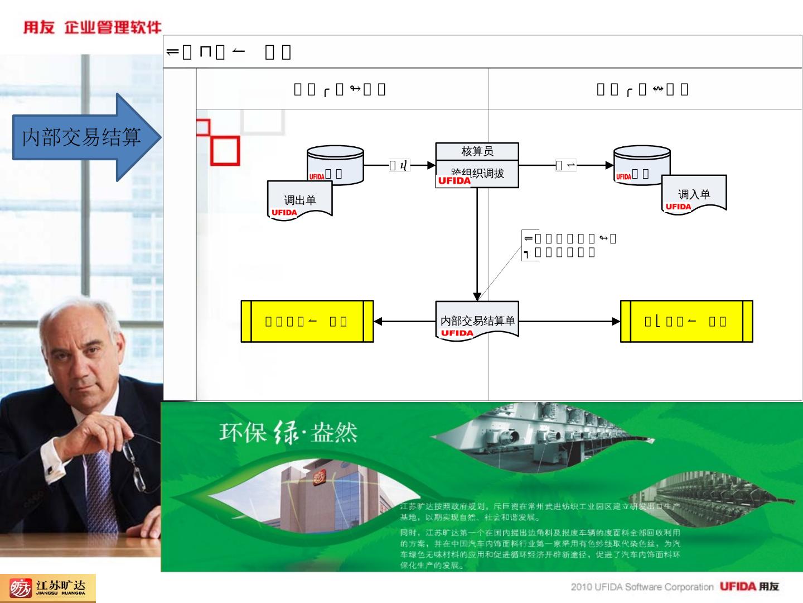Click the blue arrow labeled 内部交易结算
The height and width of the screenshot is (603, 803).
click(x=84, y=137)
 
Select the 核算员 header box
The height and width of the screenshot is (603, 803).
click(x=477, y=151)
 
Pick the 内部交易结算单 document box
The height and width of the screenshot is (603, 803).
click(x=477, y=321)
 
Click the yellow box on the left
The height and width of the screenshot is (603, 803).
click(x=307, y=321)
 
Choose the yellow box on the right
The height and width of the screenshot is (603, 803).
click(x=686, y=321)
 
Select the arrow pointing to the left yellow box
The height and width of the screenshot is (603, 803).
click(x=404, y=322)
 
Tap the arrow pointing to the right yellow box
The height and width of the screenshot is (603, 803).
click(x=569, y=322)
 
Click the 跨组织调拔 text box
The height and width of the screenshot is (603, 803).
click(x=477, y=174)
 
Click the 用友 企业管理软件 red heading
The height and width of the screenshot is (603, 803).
click(x=92, y=27)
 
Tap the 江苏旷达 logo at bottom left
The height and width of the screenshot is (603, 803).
click(x=48, y=588)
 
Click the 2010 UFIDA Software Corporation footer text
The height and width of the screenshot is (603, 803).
click(x=641, y=587)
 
